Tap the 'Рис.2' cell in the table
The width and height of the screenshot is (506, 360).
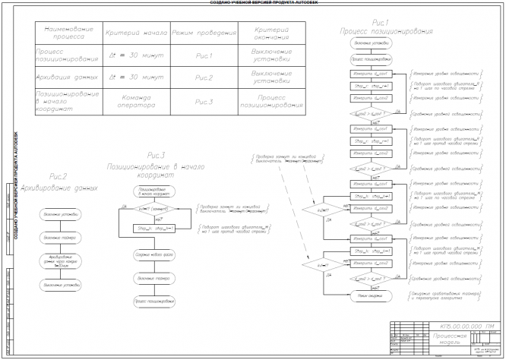coord(204,77)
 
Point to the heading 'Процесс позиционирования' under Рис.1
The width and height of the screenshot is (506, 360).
coord(385,32)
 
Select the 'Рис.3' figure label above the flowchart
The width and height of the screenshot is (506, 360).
coord(157,156)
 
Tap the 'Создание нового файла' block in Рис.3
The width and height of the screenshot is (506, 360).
coord(153,254)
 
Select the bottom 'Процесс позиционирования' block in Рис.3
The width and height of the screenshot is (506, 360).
coord(153,302)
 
